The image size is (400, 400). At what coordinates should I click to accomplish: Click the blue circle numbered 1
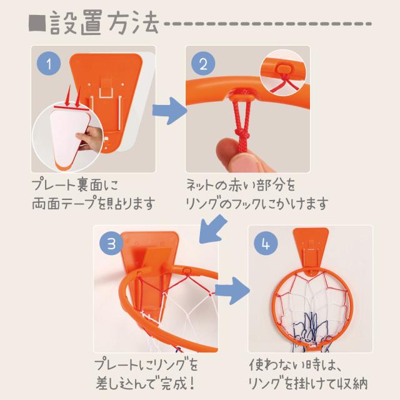[49, 64]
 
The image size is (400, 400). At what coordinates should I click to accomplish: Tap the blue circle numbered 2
[203, 64]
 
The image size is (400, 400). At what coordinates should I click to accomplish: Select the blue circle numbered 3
[111, 243]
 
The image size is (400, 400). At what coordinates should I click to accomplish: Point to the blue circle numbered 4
[266, 243]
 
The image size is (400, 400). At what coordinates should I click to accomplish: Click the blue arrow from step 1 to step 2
[169, 111]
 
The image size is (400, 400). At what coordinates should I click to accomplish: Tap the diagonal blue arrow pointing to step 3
[212, 229]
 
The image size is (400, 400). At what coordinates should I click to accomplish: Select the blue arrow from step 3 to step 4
[232, 291]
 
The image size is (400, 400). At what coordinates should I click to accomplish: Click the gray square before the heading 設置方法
[37, 24]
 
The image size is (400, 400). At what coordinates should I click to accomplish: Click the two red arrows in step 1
[73, 96]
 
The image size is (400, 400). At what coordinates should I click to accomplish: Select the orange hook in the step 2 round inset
[283, 68]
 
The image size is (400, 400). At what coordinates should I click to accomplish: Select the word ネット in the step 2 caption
[199, 185]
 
